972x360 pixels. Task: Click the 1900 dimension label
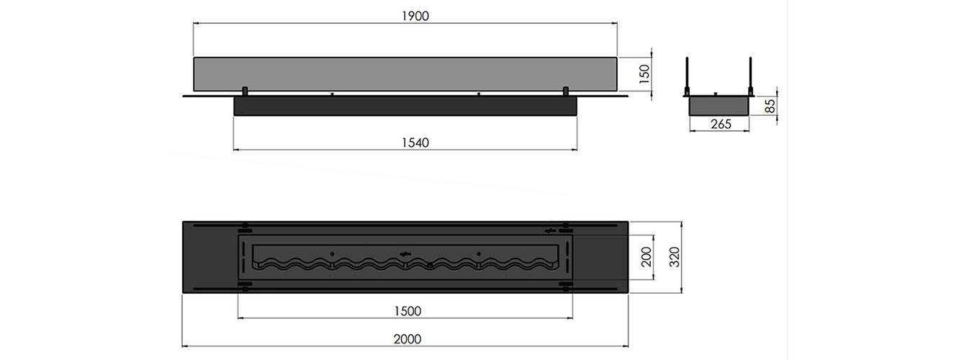click(x=415, y=16)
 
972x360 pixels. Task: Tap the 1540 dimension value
click(x=415, y=143)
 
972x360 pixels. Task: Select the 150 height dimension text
click(x=645, y=73)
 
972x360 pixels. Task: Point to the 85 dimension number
click(x=770, y=107)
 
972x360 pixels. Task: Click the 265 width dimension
click(x=721, y=124)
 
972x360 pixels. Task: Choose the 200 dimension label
click(x=647, y=257)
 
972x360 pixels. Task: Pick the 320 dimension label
click(x=675, y=257)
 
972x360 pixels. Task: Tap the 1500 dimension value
click(x=408, y=311)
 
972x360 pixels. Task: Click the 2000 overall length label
click(x=408, y=338)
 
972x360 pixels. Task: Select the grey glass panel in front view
click(x=405, y=74)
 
